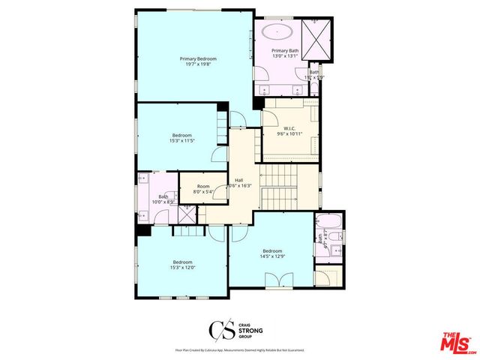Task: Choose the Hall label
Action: tap(238, 180)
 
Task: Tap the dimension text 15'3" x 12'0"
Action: tap(181, 267)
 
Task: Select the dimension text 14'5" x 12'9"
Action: tap(272, 256)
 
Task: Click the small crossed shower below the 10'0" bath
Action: tap(184, 214)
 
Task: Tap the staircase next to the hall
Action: tap(279, 196)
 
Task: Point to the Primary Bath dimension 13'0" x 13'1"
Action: tap(284, 55)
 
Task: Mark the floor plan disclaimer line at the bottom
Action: tap(239, 350)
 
